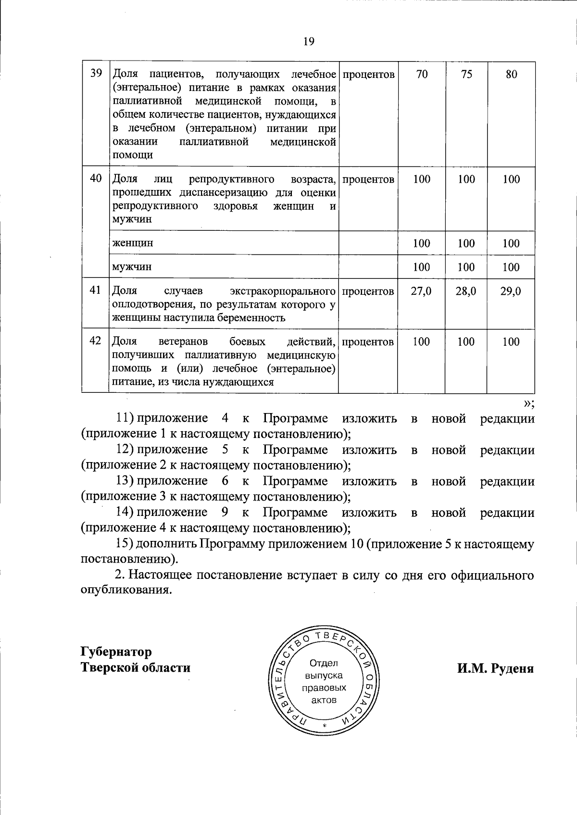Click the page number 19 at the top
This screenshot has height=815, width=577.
point(309,41)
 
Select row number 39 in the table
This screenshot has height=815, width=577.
point(96,73)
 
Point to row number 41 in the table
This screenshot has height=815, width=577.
point(96,290)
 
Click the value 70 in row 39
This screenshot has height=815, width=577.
point(421,74)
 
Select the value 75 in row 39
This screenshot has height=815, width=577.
point(466,74)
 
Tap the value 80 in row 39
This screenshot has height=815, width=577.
point(511,74)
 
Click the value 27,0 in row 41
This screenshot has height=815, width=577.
point(421,291)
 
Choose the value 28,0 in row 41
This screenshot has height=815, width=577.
point(466,291)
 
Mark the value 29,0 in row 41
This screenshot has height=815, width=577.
point(511,291)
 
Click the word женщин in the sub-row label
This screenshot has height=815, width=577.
point(133,243)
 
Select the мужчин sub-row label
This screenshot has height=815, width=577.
point(132,267)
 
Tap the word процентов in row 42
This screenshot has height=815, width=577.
point(368,342)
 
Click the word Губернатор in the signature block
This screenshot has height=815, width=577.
point(116,652)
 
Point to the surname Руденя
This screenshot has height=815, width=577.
point(512,669)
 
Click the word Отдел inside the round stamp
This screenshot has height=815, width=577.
point(324,664)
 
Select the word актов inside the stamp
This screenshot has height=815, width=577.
point(324,700)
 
